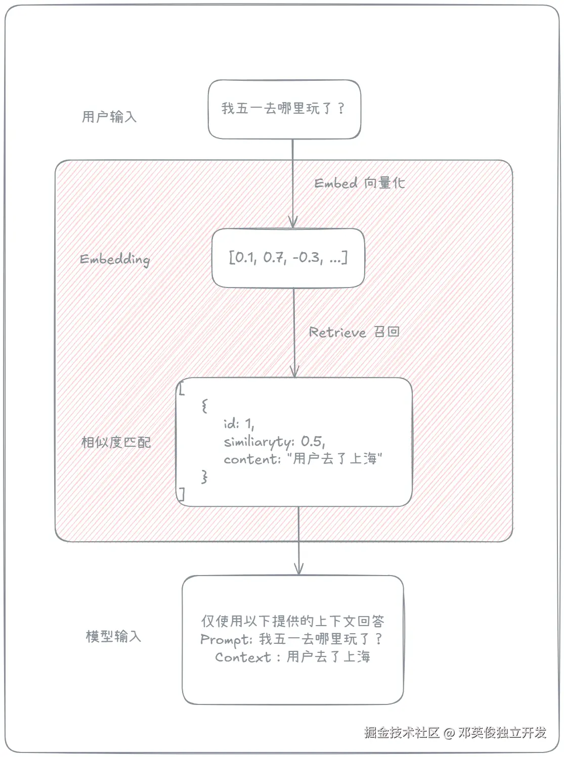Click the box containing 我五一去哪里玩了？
pyautogui.click(x=284, y=109)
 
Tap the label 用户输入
pyautogui.click(x=109, y=117)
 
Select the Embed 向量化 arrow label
pyautogui.click(x=359, y=183)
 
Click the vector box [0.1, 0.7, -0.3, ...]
pyautogui.click(x=288, y=258)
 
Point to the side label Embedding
pyautogui.click(x=115, y=260)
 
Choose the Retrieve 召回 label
pyautogui.click(x=354, y=332)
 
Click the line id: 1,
pyautogui.click(x=239, y=423)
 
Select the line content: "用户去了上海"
pyautogui.click(x=302, y=459)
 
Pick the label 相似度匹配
pyautogui.click(x=116, y=442)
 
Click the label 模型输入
pyautogui.click(x=113, y=636)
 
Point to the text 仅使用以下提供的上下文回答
pyautogui.click(x=292, y=621)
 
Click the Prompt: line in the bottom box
pyautogui.click(x=291, y=639)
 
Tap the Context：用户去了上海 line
pyautogui.click(x=292, y=657)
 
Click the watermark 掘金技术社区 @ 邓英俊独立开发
pyautogui.click(x=455, y=732)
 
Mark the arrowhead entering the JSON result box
pyautogui.click(x=294, y=372)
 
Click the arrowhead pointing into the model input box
pyautogui.click(x=298, y=570)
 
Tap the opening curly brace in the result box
pyautogui.click(x=204, y=405)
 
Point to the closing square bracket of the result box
pyautogui.click(x=182, y=494)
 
